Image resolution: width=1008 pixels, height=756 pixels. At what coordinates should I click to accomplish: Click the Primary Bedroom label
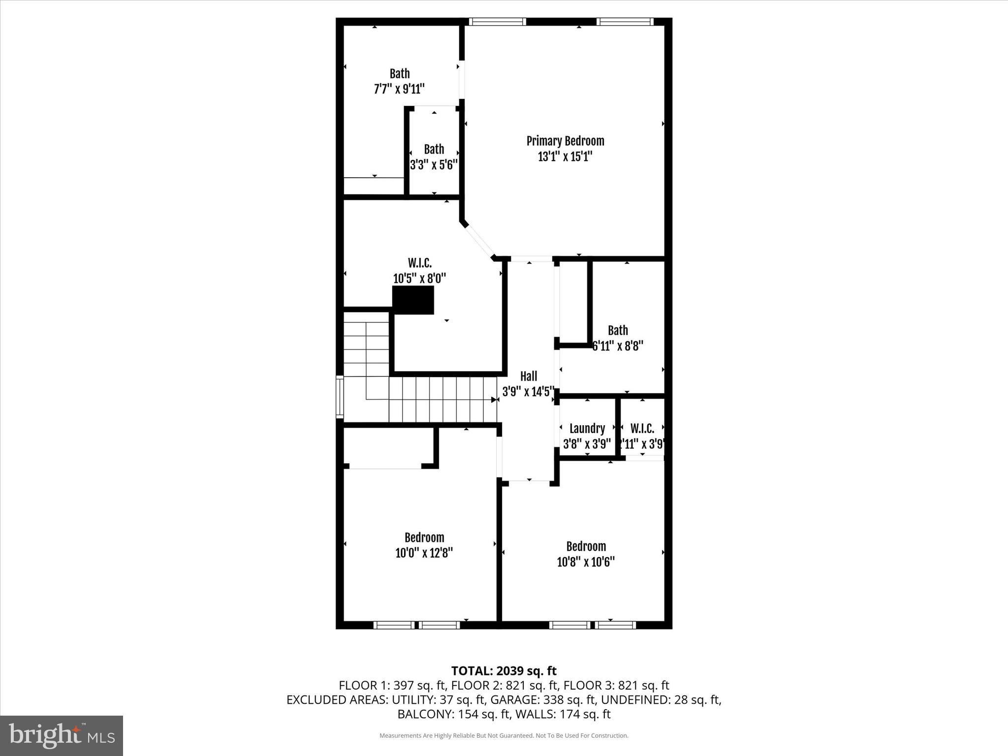565,141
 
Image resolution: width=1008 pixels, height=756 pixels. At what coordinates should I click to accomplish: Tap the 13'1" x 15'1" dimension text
565,157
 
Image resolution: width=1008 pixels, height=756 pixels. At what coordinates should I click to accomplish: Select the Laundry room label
587,429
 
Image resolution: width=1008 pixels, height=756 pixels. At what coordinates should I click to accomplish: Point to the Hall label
529,377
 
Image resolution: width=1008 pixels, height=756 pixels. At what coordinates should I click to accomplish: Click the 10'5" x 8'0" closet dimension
419,279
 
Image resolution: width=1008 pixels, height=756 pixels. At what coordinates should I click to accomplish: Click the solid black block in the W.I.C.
413,300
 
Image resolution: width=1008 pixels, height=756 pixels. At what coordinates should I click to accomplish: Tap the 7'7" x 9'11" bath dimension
399,89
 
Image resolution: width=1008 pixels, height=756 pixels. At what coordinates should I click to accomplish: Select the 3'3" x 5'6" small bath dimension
434,165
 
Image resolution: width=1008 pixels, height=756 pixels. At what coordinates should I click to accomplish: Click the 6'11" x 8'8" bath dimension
618,346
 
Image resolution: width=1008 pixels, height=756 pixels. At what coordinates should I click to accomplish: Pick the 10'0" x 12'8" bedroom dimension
424,553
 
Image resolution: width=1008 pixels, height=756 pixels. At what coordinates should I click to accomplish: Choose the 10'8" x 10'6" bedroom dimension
586,562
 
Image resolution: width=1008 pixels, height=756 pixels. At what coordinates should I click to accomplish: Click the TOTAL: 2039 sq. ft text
504,671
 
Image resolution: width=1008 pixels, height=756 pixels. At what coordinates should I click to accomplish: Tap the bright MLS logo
62,736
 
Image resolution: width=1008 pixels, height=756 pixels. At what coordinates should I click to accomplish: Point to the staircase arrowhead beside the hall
494,400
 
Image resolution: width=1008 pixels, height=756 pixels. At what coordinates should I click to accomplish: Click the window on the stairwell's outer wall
339,397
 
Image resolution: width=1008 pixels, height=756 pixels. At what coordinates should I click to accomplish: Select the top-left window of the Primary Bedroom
497,22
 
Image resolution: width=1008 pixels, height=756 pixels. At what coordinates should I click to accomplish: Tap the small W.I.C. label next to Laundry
642,429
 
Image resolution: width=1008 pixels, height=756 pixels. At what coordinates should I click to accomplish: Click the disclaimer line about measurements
504,736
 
